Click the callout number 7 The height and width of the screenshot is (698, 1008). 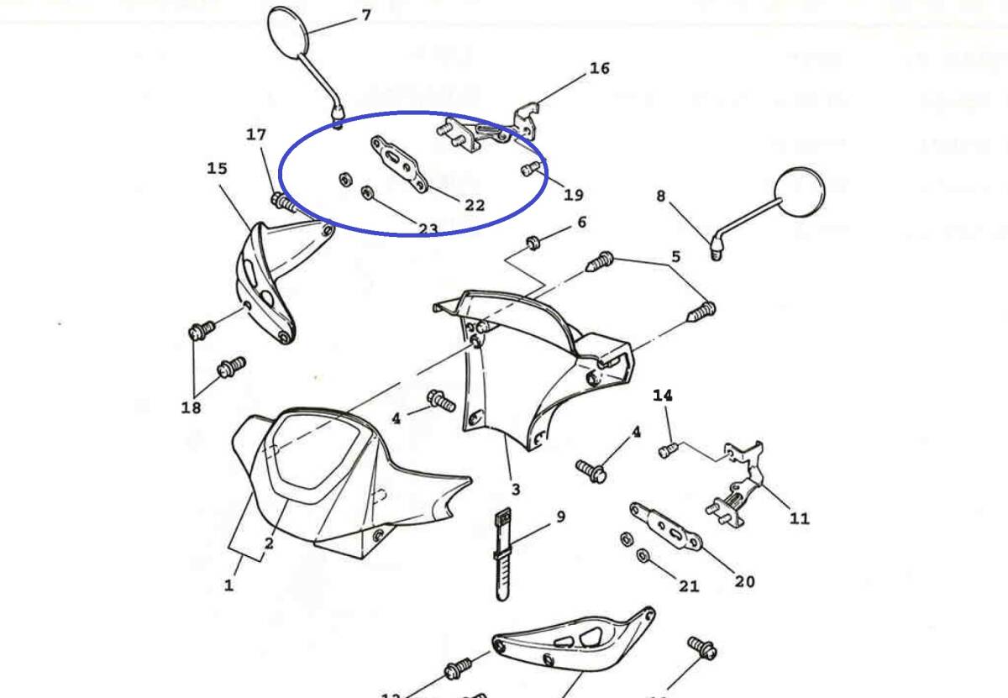click(x=365, y=15)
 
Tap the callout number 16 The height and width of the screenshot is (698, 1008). click(x=599, y=68)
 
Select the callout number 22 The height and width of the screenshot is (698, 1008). click(x=475, y=204)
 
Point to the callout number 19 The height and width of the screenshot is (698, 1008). click(x=573, y=195)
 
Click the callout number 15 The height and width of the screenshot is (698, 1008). click(x=217, y=169)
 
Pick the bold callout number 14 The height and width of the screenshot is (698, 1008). click(x=663, y=395)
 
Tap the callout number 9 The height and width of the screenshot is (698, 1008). click(x=560, y=517)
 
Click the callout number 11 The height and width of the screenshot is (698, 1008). click(x=800, y=517)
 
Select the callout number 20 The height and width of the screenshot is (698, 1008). click(x=744, y=580)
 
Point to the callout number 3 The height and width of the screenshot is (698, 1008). click(x=515, y=489)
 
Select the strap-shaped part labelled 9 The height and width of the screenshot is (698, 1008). click(x=502, y=554)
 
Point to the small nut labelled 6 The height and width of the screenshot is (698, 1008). click(x=532, y=244)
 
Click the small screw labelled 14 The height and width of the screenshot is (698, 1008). click(x=668, y=450)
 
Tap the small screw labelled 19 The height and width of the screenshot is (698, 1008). click(x=528, y=169)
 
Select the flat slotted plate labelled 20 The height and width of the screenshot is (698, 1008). click(x=666, y=525)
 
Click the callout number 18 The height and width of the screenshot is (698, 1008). click(x=192, y=408)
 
